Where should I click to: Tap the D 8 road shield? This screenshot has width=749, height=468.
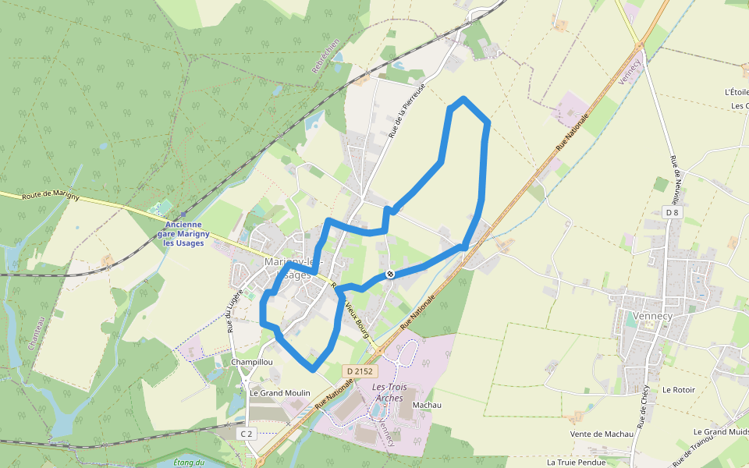[672, 212]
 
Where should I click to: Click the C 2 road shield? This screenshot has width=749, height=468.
[247, 433]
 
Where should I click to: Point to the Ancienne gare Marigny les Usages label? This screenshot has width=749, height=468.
[183, 234]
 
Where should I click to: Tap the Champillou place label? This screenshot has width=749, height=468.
[251, 363]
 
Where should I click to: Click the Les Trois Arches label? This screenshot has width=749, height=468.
[389, 392]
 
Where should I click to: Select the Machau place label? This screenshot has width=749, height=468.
[427, 405]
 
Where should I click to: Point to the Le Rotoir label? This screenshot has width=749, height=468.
[678, 389]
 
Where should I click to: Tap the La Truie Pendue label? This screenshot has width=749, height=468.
[576, 462]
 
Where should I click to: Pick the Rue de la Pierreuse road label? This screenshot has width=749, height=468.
[406, 110]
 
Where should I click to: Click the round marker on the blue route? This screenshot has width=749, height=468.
[389, 275]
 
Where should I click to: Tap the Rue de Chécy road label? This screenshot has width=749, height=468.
[644, 406]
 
